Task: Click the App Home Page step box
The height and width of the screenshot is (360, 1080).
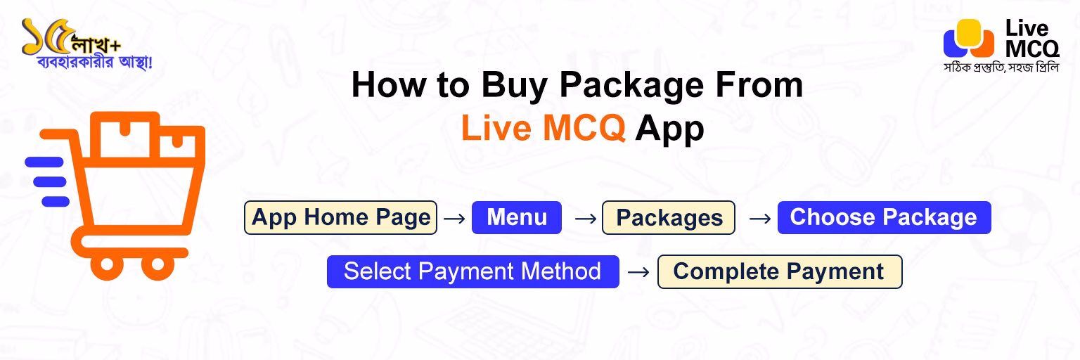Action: pyautogui.click(x=341, y=217)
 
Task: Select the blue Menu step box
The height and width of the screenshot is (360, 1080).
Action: pyautogui.click(x=517, y=217)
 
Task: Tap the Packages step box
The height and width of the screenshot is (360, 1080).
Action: pyautogui.click(x=669, y=218)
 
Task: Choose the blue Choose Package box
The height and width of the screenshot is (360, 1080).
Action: pyautogui.click(x=884, y=217)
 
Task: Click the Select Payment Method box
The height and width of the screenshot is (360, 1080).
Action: pyautogui.click(x=472, y=271)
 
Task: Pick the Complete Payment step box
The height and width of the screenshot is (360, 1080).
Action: pyautogui.click(x=779, y=271)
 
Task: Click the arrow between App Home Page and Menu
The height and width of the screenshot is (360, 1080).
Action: pyautogui.click(x=455, y=219)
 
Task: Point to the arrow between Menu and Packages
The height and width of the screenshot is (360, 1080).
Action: pyautogui.click(x=585, y=219)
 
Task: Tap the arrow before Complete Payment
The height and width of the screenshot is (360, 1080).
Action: pyautogui.click(x=638, y=272)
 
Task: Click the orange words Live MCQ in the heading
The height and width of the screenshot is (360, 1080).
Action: pyautogui.click(x=543, y=129)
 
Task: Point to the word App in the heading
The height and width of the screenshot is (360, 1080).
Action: pyautogui.click(x=669, y=129)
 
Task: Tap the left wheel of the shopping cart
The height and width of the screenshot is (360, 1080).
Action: pyautogui.click(x=107, y=265)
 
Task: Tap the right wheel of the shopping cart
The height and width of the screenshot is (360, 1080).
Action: pyautogui.click(x=157, y=265)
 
